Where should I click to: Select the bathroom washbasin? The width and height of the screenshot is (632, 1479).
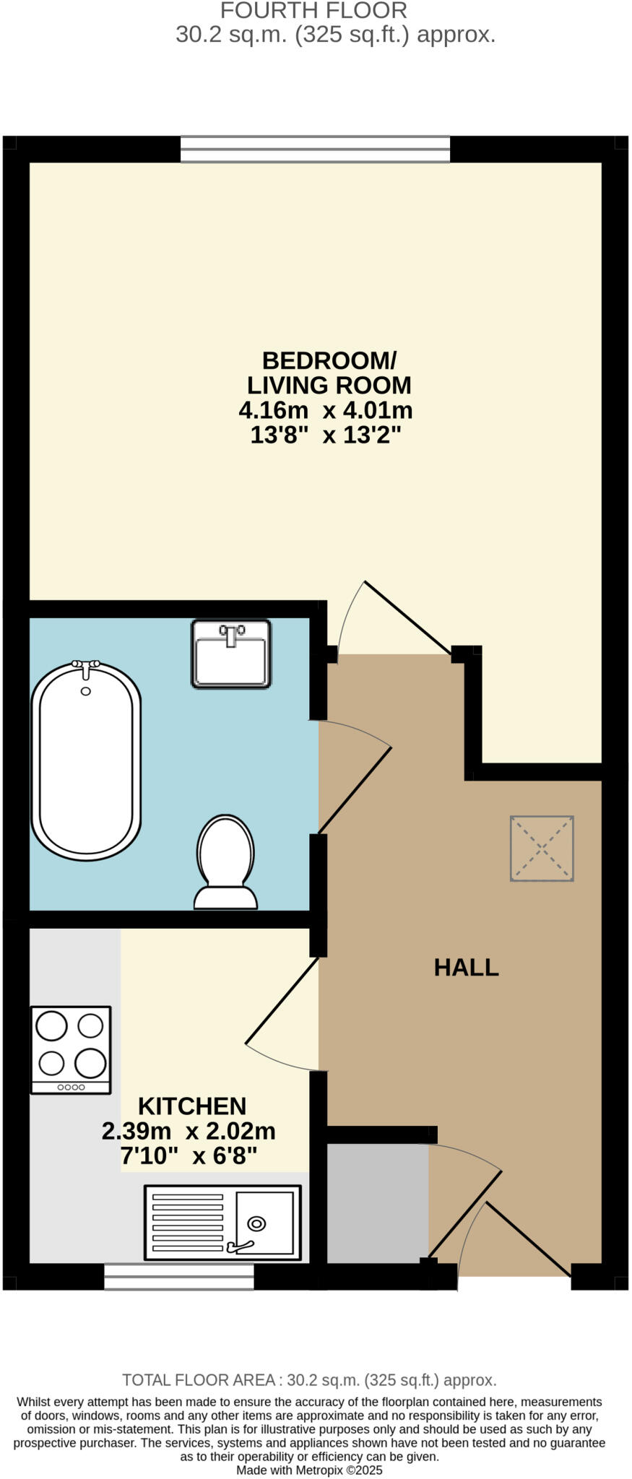click(231, 654)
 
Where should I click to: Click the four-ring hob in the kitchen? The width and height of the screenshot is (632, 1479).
click(71, 1049)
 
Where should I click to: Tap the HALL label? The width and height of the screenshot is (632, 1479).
click(466, 968)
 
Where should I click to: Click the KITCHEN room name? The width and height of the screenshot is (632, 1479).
click(192, 1106)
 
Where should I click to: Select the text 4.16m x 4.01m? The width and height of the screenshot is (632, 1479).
click(325, 411)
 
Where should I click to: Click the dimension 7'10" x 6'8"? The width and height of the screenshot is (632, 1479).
click(189, 1156)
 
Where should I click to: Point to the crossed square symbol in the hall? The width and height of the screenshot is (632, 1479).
click(542, 849)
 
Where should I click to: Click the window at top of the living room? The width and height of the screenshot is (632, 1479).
click(315, 149)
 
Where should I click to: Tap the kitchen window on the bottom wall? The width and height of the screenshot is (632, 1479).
click(178, 1277)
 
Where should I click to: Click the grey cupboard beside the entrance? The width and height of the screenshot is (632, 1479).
click(377, 1204)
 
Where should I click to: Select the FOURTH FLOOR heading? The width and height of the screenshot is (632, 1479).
click(313, 11)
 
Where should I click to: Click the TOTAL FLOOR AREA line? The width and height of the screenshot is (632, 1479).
click(309, 1380)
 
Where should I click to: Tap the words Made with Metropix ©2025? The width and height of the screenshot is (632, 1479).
click(309, 1470)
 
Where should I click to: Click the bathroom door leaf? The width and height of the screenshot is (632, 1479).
click(355, 790)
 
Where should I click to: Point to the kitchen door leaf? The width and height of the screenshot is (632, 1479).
click(282, 1001)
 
